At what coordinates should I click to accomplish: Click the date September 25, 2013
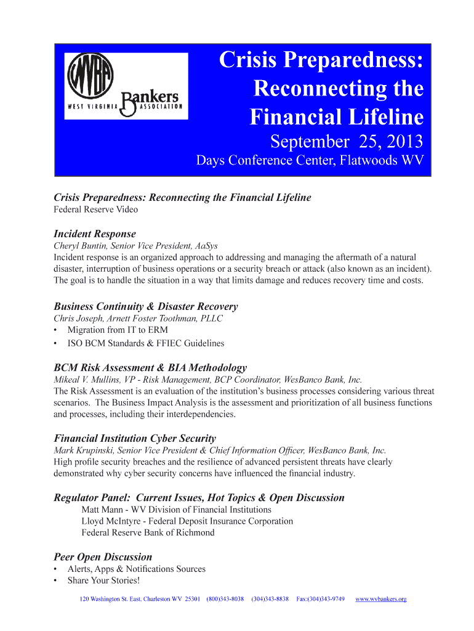click(347, 142)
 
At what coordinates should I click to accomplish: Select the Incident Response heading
click(95, 234)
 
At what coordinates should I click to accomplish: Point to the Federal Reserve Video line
click(95, 209)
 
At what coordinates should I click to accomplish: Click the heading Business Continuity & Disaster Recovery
click(145, 306)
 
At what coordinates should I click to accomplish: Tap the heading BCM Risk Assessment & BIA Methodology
click(150, 367)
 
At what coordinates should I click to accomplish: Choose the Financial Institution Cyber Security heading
click(135, 438)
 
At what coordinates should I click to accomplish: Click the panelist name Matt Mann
click(103, 510)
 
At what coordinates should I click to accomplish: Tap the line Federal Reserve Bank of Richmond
click(148, 532)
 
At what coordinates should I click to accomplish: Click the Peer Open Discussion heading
click(103, 557)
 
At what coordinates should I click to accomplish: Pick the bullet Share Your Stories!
click(103, 580)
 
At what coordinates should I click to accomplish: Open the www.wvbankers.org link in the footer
click(381, 599)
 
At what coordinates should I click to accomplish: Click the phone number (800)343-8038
click(225, 599)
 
